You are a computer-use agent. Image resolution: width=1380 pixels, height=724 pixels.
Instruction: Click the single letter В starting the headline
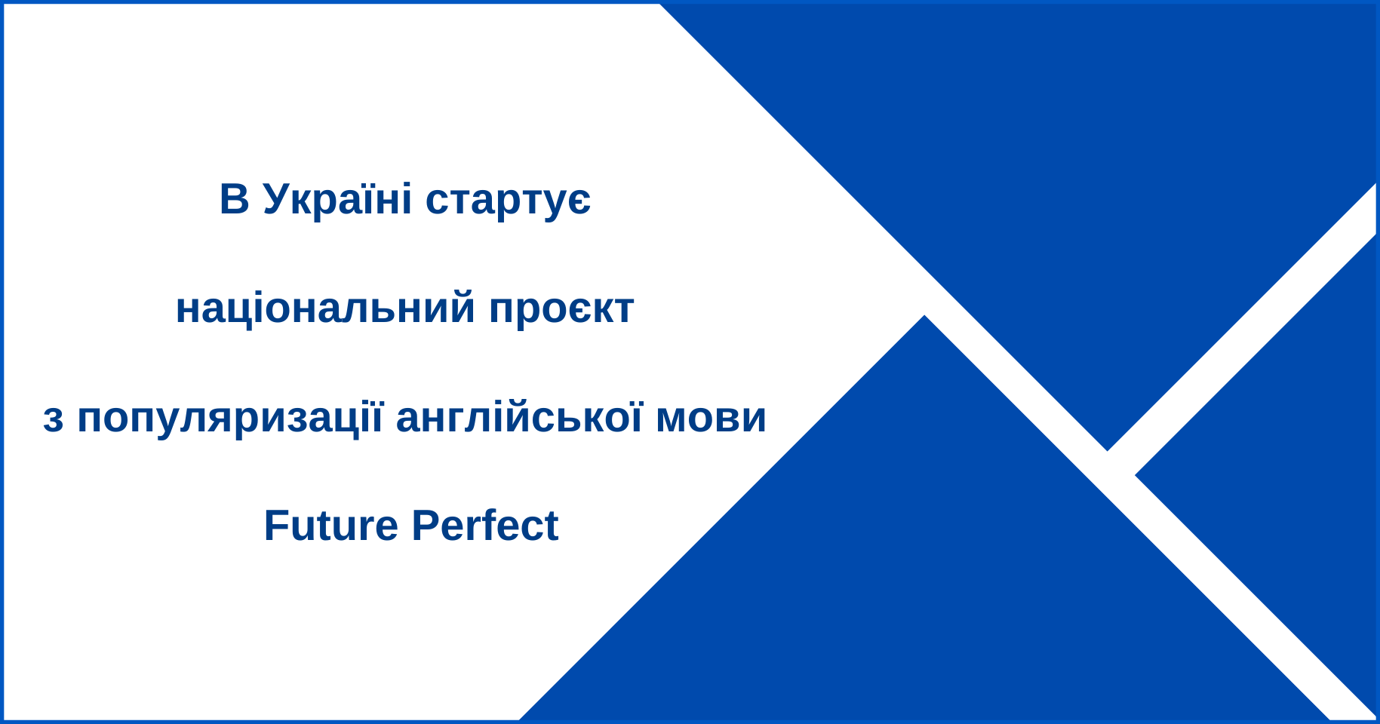[234, 199]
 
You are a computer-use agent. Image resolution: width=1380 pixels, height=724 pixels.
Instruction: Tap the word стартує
[508, 202]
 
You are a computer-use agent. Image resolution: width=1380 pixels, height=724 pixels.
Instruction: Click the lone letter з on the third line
[53, 419]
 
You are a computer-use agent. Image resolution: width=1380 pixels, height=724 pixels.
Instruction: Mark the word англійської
[519, 419]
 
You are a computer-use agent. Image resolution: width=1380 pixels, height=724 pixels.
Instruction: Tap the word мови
[711, 419]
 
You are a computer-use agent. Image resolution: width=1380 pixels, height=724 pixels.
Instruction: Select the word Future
[330, 526]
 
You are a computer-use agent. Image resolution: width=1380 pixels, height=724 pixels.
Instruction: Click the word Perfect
[484, 526]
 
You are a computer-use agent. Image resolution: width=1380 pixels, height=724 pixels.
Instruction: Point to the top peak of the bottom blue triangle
[924, 316]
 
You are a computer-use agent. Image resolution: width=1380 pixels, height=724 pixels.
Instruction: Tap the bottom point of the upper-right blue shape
[1107, 450]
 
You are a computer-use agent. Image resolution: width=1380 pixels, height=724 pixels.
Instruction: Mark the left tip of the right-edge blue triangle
[1136, 475]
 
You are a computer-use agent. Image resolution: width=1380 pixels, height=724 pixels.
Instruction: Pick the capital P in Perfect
[425, 526]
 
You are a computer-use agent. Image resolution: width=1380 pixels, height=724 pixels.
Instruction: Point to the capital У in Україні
[278, 199]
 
